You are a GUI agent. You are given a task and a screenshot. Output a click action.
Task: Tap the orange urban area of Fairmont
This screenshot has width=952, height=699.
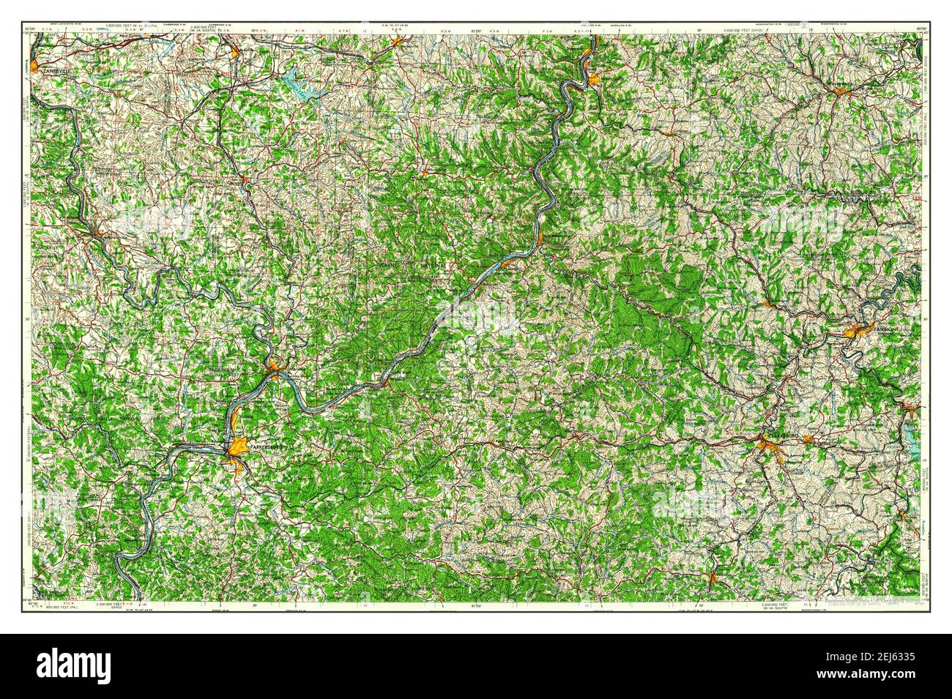tap(857, 330)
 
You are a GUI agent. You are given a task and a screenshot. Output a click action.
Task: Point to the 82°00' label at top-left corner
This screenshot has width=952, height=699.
tap(30, 28)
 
